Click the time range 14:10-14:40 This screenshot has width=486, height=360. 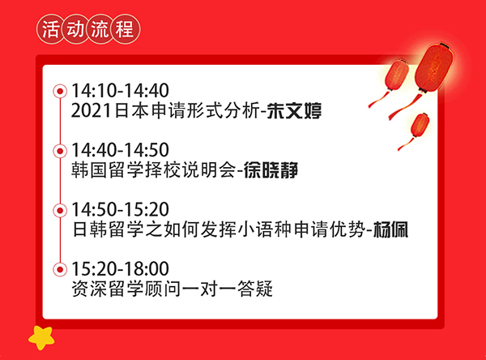[120, 91]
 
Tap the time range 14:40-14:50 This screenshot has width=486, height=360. [120, 150]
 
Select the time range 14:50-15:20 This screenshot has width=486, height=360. [120, 209]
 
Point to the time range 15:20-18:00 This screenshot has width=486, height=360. [120, 268]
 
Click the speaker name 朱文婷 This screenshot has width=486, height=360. [294, 111]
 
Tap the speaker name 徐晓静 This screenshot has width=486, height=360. [271, 170]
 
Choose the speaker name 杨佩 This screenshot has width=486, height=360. [390, 229]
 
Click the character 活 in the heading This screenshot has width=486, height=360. [50, 29]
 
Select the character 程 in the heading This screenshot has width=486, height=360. [124, 29]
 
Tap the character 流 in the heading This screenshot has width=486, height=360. [100, 29]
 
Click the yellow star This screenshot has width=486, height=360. [41, 337]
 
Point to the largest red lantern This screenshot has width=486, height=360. [433, 68]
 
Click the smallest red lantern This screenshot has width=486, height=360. [420, 126]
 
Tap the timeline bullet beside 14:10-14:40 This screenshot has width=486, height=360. [60, 92]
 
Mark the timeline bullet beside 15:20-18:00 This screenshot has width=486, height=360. [60, 269]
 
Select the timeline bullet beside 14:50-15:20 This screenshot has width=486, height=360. [60, 211]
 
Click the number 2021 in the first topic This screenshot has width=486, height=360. [91, 111]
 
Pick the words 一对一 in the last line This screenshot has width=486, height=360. [209, 289]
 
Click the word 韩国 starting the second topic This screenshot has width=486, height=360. [89, 170]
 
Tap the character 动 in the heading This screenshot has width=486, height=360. [75, 29]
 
